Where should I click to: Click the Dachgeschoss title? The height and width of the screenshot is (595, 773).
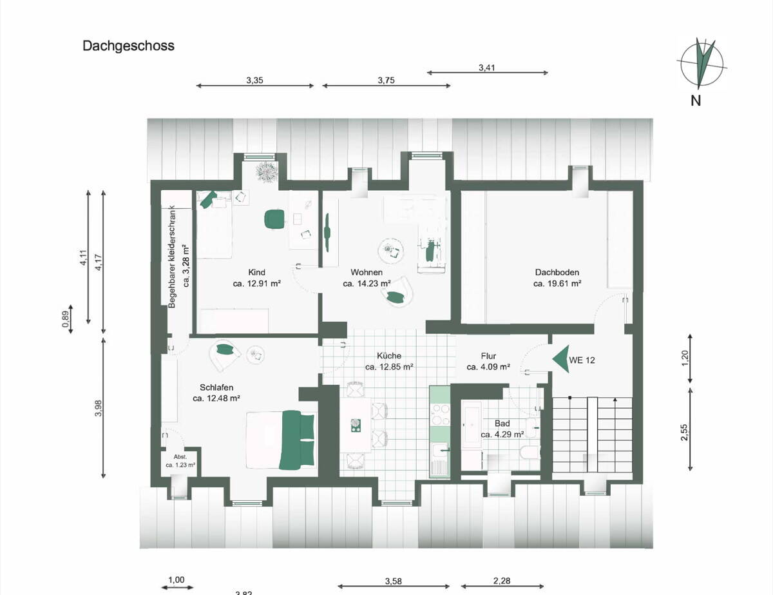pyautogui.click(x=128, y=46)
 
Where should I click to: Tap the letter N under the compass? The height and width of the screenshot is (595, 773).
pyautogui.click(x=696, y=100)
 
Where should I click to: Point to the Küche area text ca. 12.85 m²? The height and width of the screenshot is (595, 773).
pyautogui.click(x=389, y=367)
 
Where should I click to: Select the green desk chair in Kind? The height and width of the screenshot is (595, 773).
pyautogui.click(x=274, y=219)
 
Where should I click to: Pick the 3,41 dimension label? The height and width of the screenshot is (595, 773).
pyautogui.click(x=488, y=66)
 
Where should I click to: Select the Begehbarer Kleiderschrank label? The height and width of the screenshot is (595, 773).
pyautogui.click(x=173, y=255)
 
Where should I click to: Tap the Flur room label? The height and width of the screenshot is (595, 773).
pyautogui.click(x=488, y=356)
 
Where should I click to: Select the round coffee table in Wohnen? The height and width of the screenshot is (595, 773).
pyautogui.click(x=390, y=249)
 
